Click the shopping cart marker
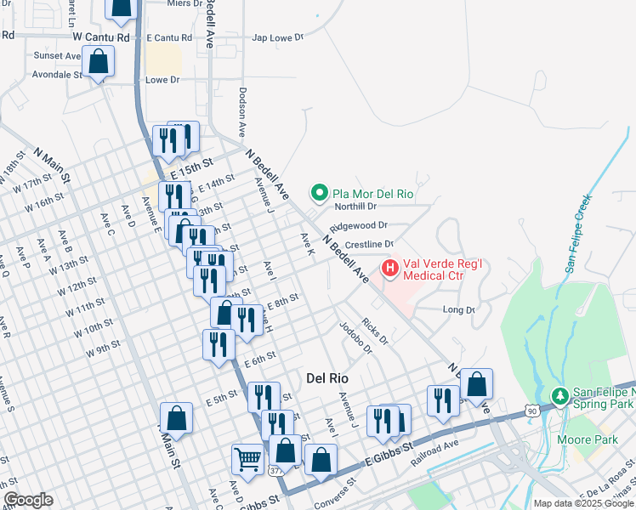tap(247, 458)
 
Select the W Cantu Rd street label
tap(100, 37)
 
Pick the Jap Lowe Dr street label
tap(277, 37)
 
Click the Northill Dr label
tap(355, 206)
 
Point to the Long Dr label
tap(458, 310)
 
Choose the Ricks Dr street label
tap(374, 332)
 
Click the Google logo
tap(28, 500)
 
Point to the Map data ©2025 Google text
tap(583, 503)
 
